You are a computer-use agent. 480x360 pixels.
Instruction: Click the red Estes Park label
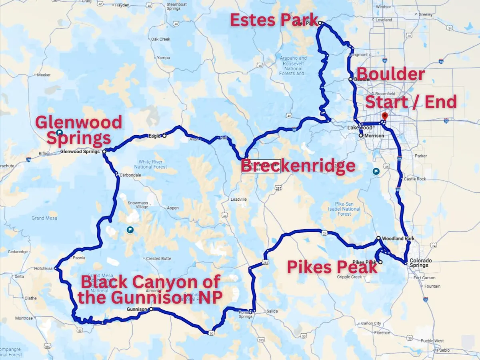[x=274, y=20]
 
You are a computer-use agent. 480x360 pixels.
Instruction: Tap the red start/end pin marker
[x=384, y=116]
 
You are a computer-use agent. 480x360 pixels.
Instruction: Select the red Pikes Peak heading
[x=332, y=267]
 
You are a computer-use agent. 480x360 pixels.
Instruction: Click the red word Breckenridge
[x=298, y=166]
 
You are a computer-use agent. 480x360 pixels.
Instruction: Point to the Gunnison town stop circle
[x=151, y=309]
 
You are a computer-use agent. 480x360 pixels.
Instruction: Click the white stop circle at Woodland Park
[x=378, y=238]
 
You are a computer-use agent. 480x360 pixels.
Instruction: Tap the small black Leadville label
[x=239, y=199]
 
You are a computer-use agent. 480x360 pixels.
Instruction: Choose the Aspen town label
[x=173, y=208]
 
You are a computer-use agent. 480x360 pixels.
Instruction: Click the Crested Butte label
[x=158, y=259]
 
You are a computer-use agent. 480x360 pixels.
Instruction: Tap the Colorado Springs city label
[x=418, y=263]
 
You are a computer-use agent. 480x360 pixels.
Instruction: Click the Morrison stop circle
[x=361, y=136]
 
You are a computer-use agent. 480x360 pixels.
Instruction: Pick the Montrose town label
[x=24, y=318]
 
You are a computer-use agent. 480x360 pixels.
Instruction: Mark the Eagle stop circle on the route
[x=164, y=136]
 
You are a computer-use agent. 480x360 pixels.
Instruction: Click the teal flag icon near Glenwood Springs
[x=60, y=132]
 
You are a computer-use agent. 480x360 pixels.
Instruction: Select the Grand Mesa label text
[x=44, y=218]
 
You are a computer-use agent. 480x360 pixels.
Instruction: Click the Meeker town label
[x=44, y=75]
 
